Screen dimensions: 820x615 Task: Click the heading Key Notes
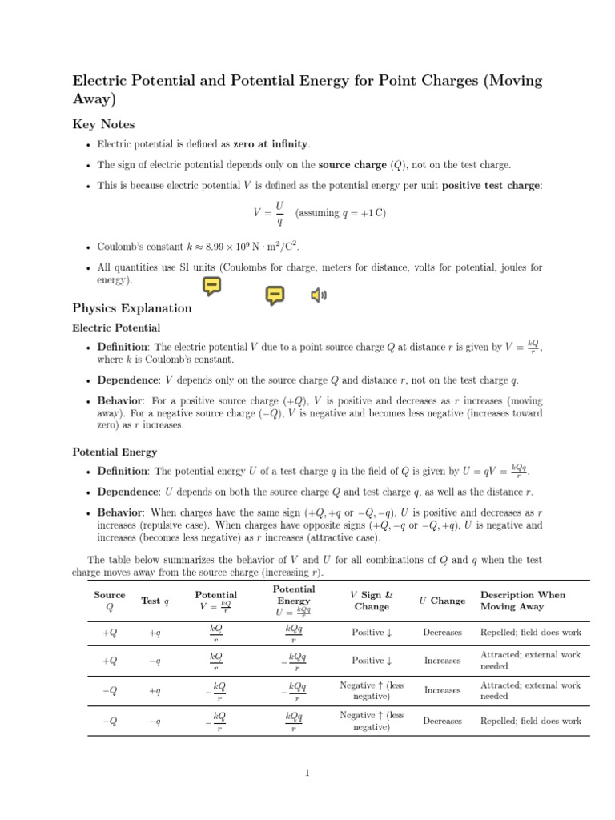[x=103, y=124]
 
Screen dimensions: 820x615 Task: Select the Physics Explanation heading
[x=132, y=308]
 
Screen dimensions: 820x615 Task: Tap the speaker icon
[x=319, y=296]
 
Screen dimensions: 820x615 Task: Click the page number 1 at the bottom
[x=307, y=773]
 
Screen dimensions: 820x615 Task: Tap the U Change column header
[x=442, y=601]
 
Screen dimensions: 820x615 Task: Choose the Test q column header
[x=155, y=601]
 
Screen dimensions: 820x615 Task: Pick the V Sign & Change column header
[x=372, y=601]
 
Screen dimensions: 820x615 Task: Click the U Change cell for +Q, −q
[x=442, y=661]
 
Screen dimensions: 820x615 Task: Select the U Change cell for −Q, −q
[x=442, y=721]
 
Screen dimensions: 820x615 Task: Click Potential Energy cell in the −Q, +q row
[x=294, y=690]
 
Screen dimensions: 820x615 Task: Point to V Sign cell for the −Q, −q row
[x=372, y=721]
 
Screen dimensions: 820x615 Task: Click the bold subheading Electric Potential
[x=116, y=328]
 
